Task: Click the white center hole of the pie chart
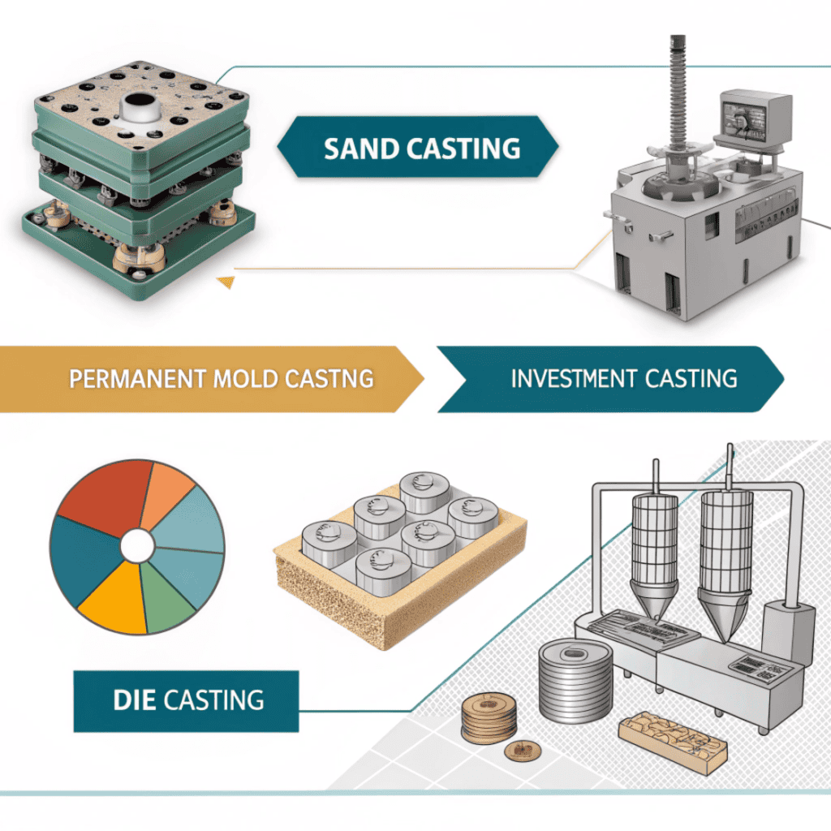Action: (137, 545)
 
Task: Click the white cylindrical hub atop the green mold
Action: (139, 106)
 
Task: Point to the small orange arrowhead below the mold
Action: (225, 282)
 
